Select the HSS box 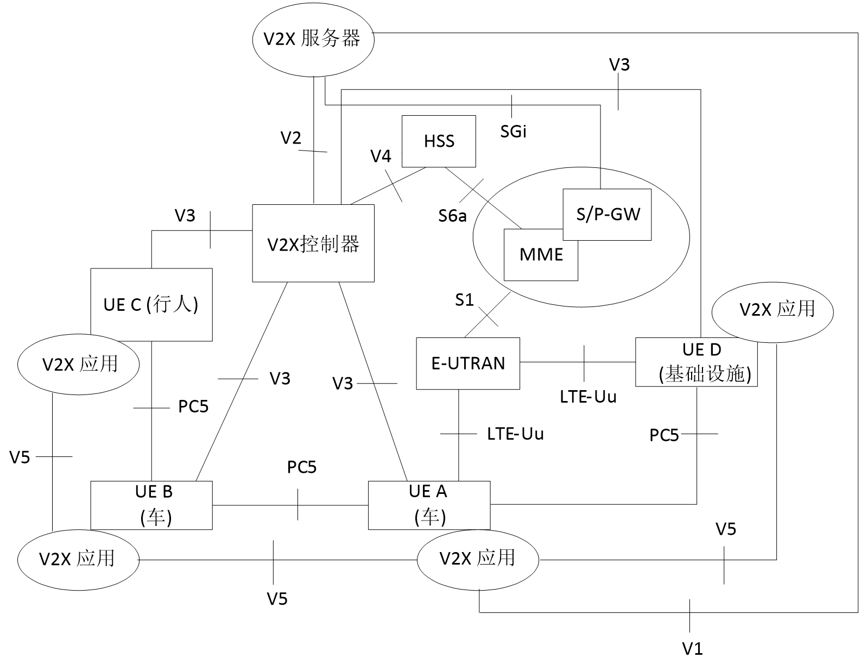[439, 141]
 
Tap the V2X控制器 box [313, 243]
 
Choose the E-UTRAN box [468, 363]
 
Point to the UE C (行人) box [151, 304]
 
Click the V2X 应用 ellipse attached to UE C [79, 364]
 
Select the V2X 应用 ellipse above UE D [772, 310]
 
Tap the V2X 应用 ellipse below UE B [78, 559]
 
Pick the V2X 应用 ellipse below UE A [478, 559]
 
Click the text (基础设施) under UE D [705, 374]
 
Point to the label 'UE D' [701, 349]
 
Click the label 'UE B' [154, 492]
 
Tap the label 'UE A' [428, 491]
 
